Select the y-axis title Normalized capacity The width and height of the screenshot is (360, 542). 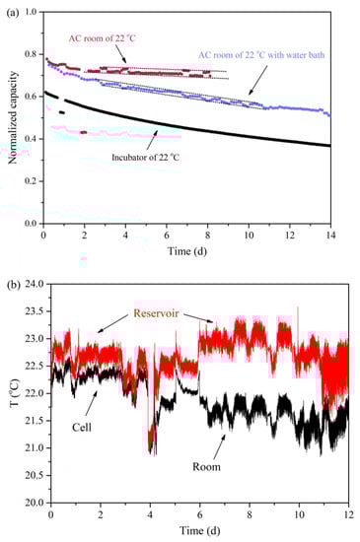(9, 117)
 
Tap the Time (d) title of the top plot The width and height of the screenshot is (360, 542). (186, 251)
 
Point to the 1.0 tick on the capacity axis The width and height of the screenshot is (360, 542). (31, 13)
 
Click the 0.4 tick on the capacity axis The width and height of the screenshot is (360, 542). (31, 139)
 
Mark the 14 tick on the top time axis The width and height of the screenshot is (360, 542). (329, 237)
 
